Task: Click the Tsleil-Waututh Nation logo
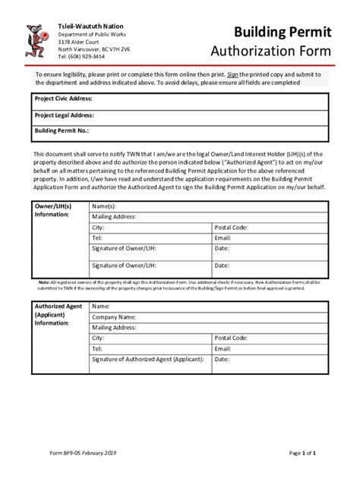[x=35, y=42]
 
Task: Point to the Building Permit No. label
[x=63, y=131]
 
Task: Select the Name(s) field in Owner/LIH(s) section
[x=104, y=206]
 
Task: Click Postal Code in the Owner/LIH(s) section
[x=231, y=227]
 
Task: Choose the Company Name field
[x=114, y=316]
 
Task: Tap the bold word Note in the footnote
[x=44, y=282]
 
